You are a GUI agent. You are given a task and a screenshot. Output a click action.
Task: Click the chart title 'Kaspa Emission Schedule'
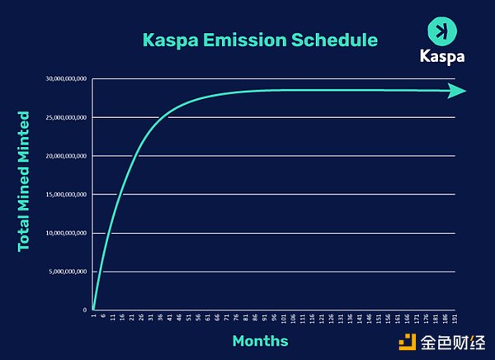pos(260,40)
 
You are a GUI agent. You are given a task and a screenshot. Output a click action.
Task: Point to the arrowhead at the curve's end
pos(458,91)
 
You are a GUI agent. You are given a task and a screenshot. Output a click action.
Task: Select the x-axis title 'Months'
pos(260,340)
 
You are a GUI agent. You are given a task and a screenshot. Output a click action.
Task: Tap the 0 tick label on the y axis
pos(84,310)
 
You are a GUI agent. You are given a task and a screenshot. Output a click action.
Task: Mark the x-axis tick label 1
pos(95,316)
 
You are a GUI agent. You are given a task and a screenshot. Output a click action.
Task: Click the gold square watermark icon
pos(406,340)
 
